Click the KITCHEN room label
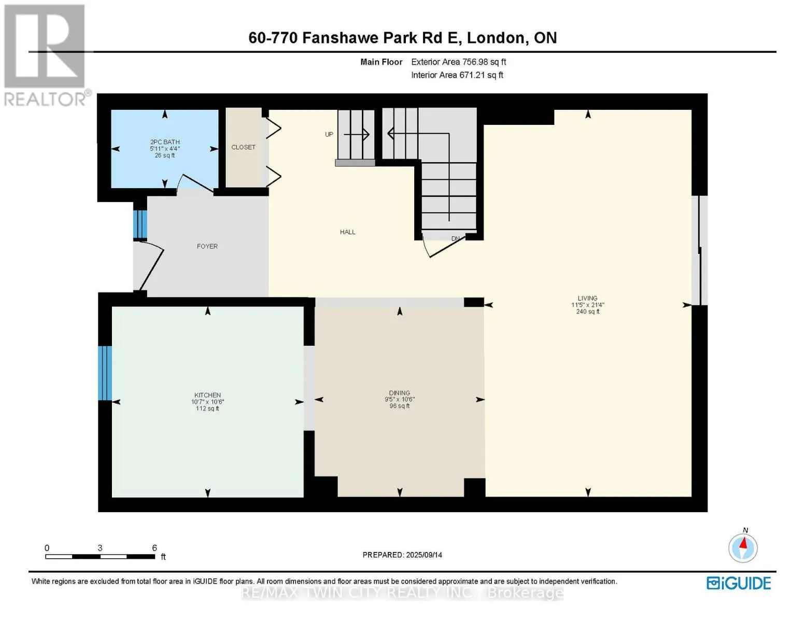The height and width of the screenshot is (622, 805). (207, 395)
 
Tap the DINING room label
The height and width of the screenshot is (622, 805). (399, 393)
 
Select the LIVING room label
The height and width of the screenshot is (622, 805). (587, 298)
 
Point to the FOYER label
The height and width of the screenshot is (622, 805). (207, 246)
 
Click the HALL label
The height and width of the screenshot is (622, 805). (347, 232)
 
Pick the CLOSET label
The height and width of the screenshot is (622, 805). (244, 147)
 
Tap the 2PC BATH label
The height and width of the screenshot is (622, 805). (165, 142)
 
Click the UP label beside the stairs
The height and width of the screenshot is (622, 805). (329, 134)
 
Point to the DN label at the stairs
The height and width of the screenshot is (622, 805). (456, 238)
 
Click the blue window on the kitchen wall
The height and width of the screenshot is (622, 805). (105, 373)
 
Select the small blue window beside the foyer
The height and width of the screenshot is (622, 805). (140, 224)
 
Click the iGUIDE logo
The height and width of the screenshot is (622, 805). (739, 583)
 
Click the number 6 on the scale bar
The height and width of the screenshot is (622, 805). (154, 547)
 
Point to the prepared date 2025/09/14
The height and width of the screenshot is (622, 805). (424, 555)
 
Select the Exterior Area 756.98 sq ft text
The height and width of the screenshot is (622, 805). (459, 62)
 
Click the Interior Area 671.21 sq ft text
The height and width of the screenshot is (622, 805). (457, 75)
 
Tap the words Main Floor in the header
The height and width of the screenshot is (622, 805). (381, 62)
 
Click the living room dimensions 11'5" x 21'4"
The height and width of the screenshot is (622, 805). (587, 305)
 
